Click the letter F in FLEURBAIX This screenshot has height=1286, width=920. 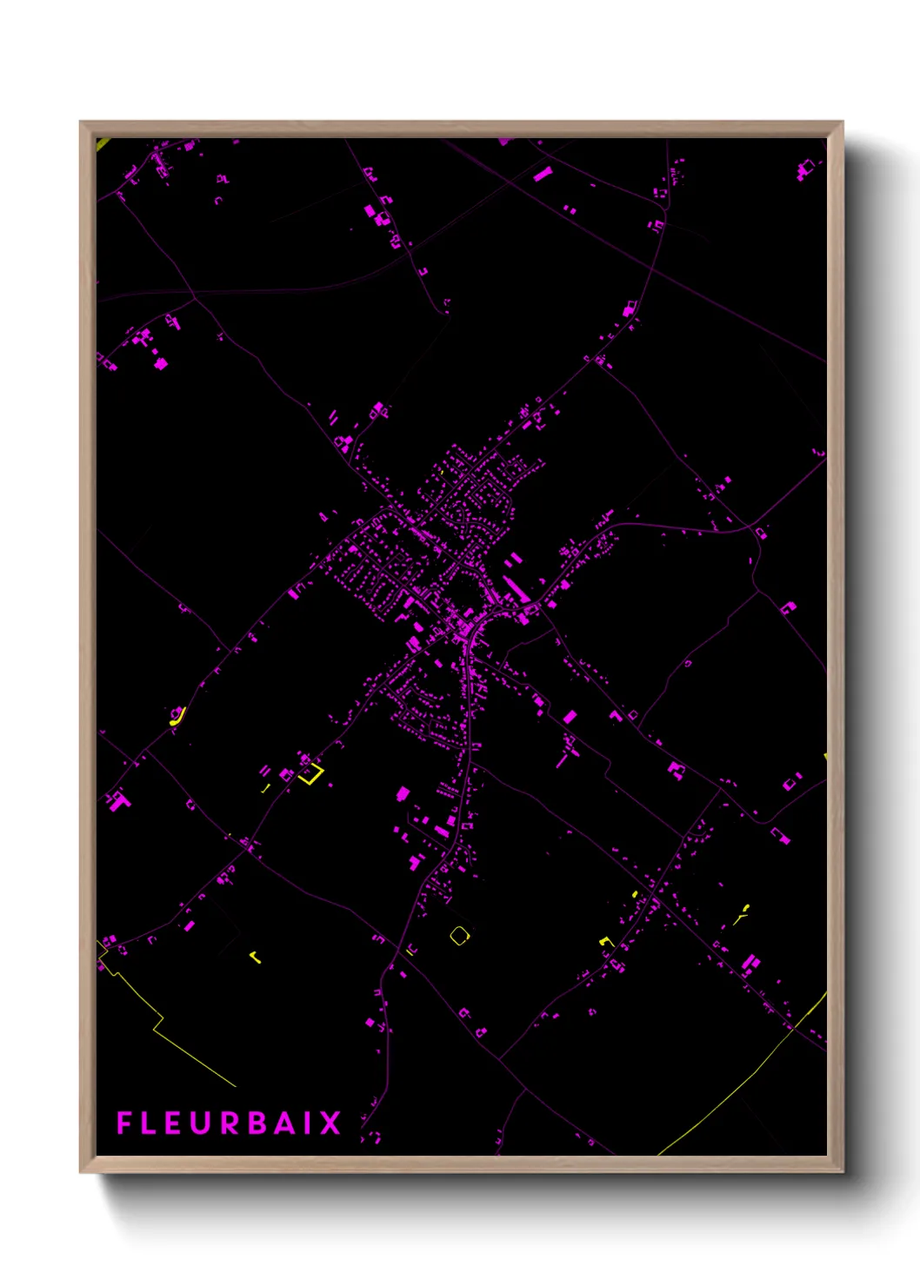pyautogui.click(x=123, y=1123)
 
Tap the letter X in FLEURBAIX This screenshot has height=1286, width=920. pyautogui.click(x=330, y=1123)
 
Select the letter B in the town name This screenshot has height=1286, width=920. pyautogui.click(x=257, y=1123)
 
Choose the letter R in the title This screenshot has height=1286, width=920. pyautogui.click(x=230, y=1123)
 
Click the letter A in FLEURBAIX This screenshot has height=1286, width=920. pyautogui.click(x=286, y=1123)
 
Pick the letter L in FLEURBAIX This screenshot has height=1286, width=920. pyautogui.click(x=149, y=1123)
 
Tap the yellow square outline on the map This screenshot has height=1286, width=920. pyautogui.click(x=310, y=772)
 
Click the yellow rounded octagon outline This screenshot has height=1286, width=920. pyautogui.click(x=459, y=935)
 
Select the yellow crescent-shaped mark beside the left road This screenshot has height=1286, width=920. pyautogui.click(x=177, y=717)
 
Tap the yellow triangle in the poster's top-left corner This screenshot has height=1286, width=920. pyautogui.click(x=101, y=143)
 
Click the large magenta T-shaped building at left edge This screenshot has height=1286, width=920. pyautogui.click(x=117, y=799)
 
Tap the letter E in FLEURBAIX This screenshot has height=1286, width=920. pyautogui.click(x=175, y=1123)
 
